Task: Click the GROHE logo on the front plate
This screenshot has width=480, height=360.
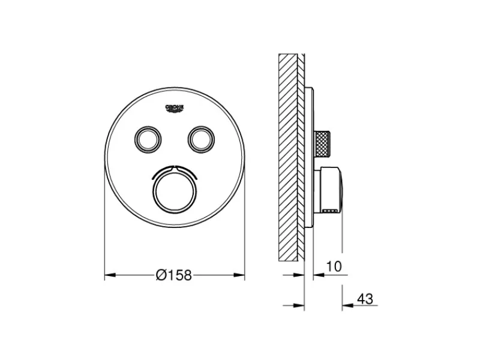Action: coord(175,109)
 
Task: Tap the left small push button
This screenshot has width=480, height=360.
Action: coord(147,139)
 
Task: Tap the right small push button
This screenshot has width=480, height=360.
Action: coord(201,139)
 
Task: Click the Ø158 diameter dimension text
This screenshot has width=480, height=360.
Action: coord(173,275)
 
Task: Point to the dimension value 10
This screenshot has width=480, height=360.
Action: coord(334,266)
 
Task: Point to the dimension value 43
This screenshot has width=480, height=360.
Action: coord(365,298)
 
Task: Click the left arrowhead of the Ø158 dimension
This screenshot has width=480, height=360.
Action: coord(110,275)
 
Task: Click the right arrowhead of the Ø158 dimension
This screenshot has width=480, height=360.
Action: coord(239,275)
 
